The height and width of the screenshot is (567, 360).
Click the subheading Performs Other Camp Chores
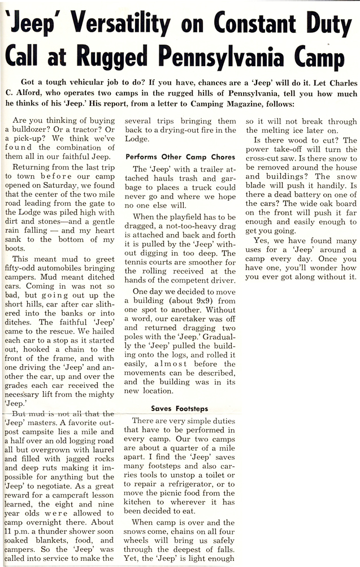[x=172, y=156]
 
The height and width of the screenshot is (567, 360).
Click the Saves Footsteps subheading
[x=180, y=408]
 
